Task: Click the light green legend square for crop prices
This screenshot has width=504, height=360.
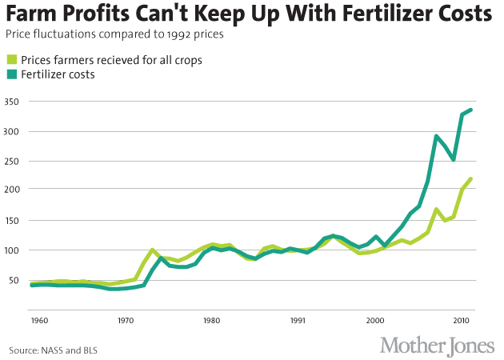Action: click(11, 58)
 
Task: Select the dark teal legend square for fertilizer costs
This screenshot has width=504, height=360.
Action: click(11, 74)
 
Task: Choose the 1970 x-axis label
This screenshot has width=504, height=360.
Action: click(124, 321)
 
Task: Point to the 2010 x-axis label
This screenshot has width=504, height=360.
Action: click(462, 321)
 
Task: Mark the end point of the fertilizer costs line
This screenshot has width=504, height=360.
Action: click(471, 110)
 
